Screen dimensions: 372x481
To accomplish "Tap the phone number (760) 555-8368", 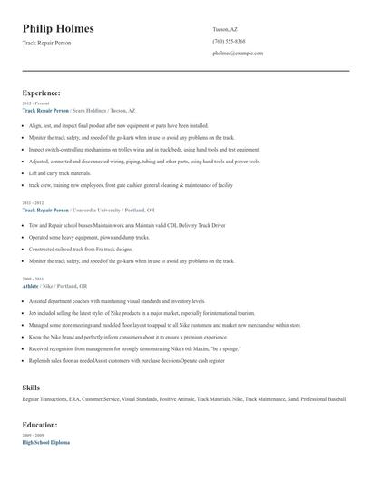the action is point(229,41).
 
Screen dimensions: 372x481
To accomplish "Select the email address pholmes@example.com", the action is point(238,54).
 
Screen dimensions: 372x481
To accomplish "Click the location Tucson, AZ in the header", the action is point(226,29).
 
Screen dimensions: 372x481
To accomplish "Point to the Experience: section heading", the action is point(42,93).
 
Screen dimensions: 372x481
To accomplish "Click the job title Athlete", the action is point(31,285).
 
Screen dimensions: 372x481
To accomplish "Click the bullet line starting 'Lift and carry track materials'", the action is point(60,172).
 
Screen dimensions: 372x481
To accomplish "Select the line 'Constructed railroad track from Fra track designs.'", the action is point(81,249).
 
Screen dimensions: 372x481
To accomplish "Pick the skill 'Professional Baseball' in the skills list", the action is point(322,399).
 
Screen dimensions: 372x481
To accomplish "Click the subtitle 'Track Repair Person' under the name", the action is point(46,43).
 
